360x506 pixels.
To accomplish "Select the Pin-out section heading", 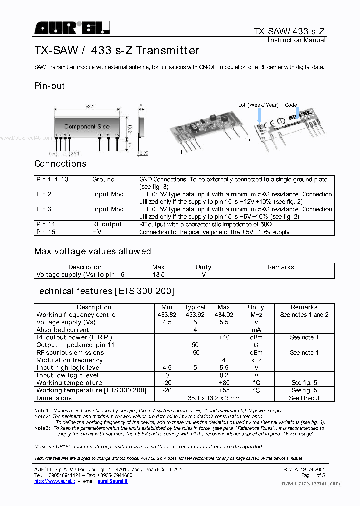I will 49,86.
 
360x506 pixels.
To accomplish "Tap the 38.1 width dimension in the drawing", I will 90,107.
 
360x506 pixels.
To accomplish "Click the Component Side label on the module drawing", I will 87,127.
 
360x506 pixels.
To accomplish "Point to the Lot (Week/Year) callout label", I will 258,105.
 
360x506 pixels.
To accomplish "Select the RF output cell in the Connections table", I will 107,225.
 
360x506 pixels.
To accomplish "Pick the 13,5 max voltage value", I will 158,275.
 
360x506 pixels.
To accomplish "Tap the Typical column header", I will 195,307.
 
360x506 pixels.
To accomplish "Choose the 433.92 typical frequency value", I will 195,315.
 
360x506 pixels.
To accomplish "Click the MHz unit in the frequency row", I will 256,315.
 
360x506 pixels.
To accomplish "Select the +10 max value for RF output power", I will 224,338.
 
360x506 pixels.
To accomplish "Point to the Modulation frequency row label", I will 70,360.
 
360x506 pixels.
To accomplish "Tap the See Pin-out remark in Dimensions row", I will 304,398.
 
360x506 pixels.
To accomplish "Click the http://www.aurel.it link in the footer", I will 54,481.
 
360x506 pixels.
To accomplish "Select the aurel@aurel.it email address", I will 113,481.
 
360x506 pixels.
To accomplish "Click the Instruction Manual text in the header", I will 296,40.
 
